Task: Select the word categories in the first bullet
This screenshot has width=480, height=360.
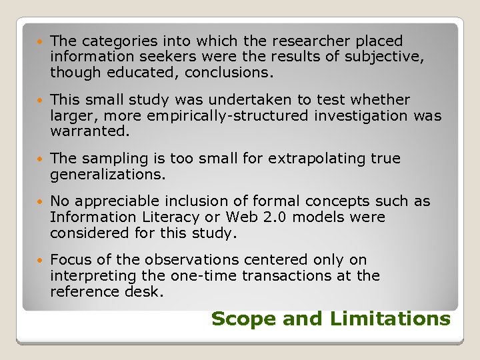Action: pos(116,41)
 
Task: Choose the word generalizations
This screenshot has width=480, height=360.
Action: pos(107,175)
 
